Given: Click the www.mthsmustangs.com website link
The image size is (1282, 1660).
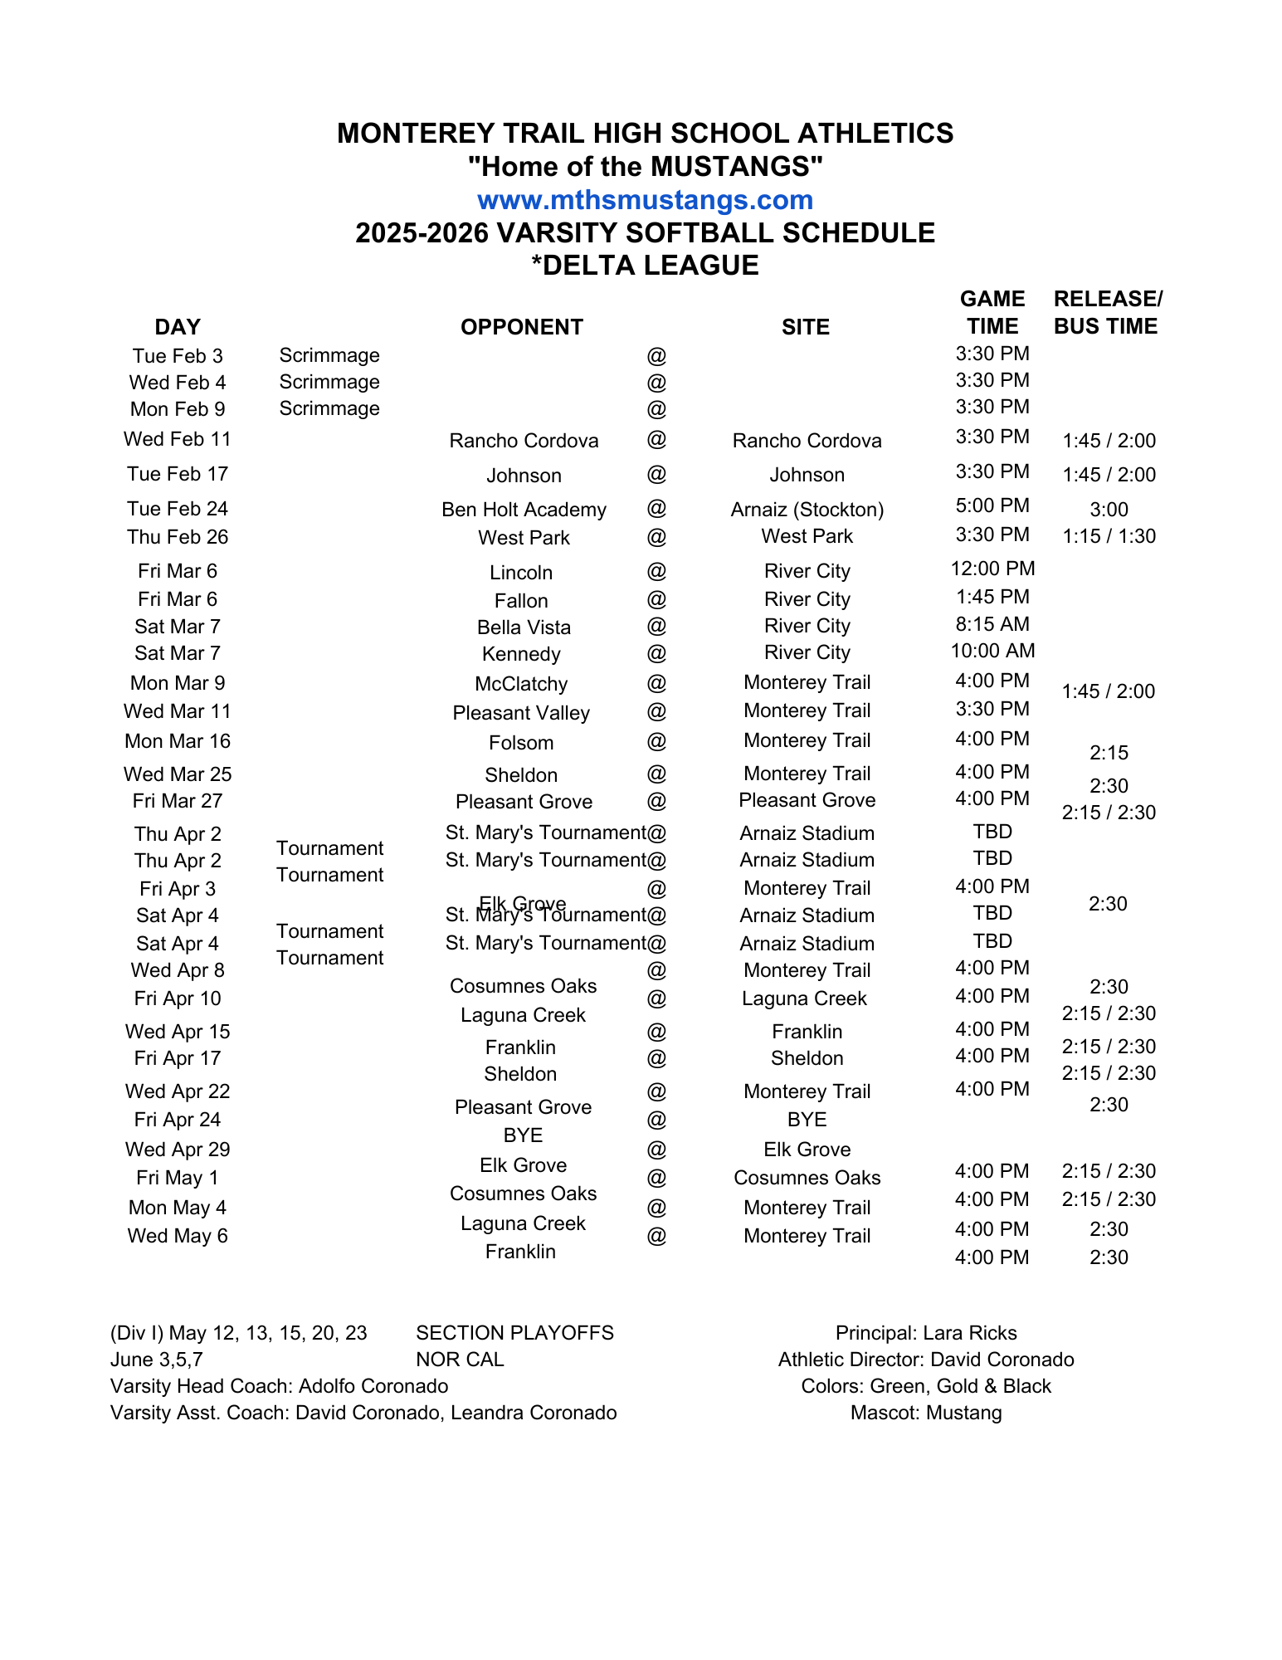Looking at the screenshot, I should (x=645, y=200).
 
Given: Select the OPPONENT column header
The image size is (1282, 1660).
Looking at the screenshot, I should (x=521, y=327).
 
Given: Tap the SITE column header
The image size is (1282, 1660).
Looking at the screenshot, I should (x=805, y=327).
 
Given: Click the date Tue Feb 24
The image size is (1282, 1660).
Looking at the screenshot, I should (x=177, y=509).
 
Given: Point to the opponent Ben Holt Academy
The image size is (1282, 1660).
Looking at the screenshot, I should (x=524, y=510).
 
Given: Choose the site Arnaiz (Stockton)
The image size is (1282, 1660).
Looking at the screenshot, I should (x=807, y=510).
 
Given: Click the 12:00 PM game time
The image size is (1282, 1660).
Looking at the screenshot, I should (x=992, y=569).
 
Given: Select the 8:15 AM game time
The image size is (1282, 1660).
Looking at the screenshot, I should (x=992, y=624).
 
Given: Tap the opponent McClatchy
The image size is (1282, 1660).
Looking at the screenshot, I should (x=521, y=684).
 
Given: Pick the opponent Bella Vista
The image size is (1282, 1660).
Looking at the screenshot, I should (x=524, y=627).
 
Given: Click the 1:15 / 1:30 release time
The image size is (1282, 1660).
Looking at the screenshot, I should (x=1109, y=536).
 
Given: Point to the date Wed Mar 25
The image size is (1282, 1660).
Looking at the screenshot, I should (x=178, y=774).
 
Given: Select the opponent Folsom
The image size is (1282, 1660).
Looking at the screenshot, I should (x=521, y=743).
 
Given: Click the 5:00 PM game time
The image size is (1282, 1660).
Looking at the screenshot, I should (x=992, y=505).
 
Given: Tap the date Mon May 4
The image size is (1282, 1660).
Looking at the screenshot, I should (x=177, y=1208).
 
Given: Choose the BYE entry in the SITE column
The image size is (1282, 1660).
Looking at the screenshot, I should (x=807, y=1120).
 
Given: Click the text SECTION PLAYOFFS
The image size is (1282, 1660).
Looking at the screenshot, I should (x=514, y=1333).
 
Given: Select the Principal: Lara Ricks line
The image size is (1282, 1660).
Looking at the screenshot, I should (x=926, y=1333).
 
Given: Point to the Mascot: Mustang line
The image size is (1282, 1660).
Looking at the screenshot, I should (x=926, y=1413).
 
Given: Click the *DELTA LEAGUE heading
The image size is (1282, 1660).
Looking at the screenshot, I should (x=645, y=266).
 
